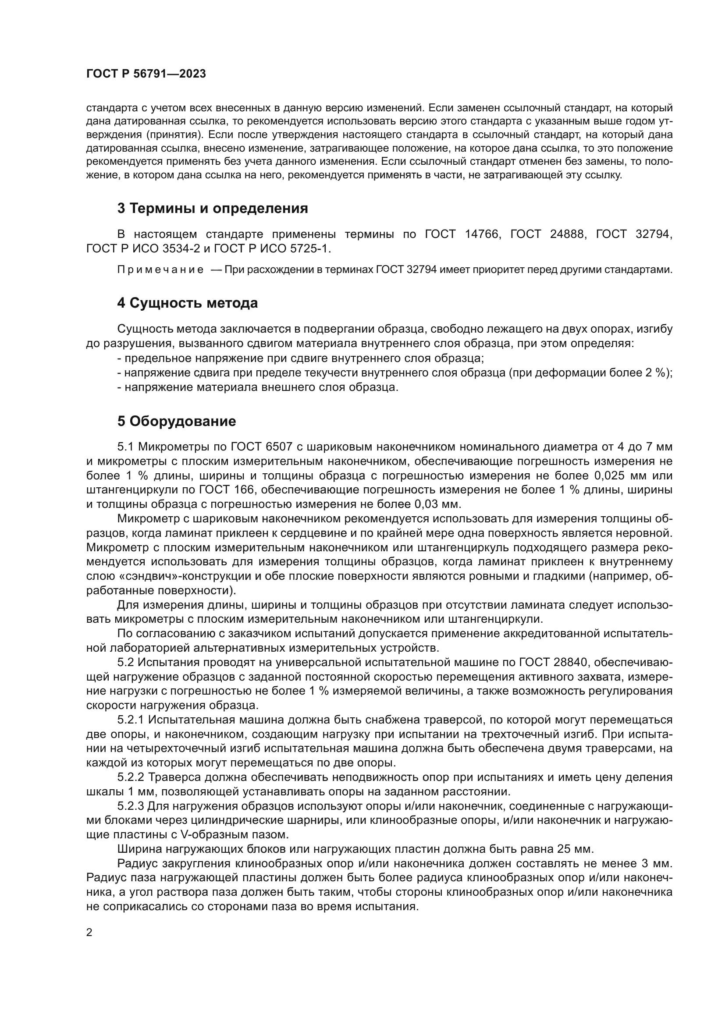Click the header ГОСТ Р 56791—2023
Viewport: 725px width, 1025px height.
146,74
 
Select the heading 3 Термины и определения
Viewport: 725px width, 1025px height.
213,209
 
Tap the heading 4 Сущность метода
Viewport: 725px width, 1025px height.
188,303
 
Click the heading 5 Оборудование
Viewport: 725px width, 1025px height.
177,421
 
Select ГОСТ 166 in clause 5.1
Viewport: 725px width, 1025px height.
227,490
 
